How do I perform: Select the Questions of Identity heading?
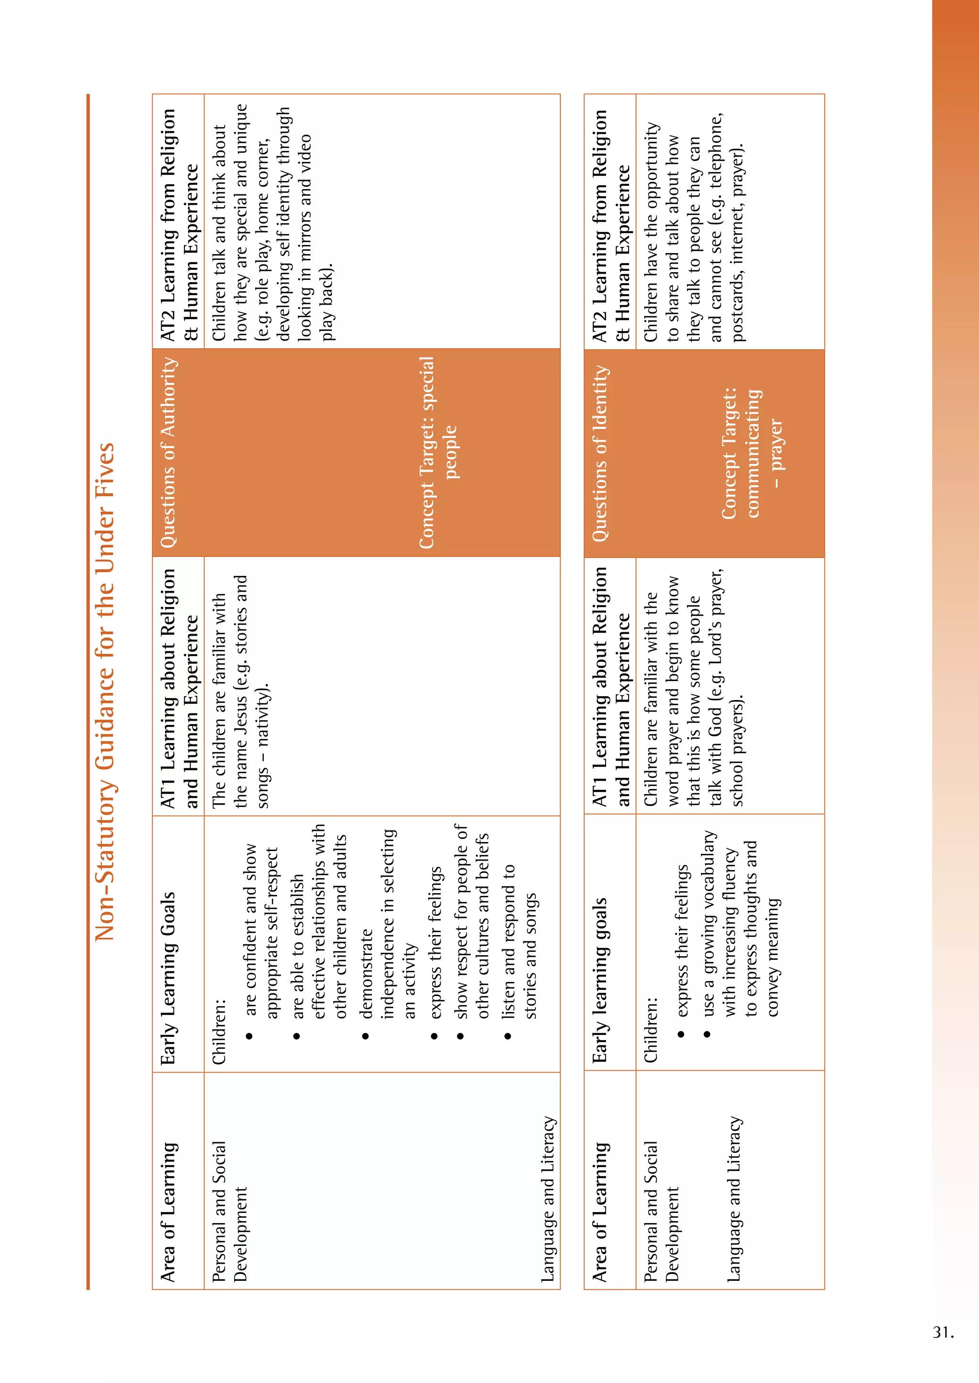pos(600,454)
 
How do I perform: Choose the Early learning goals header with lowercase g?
pos(600,980)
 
